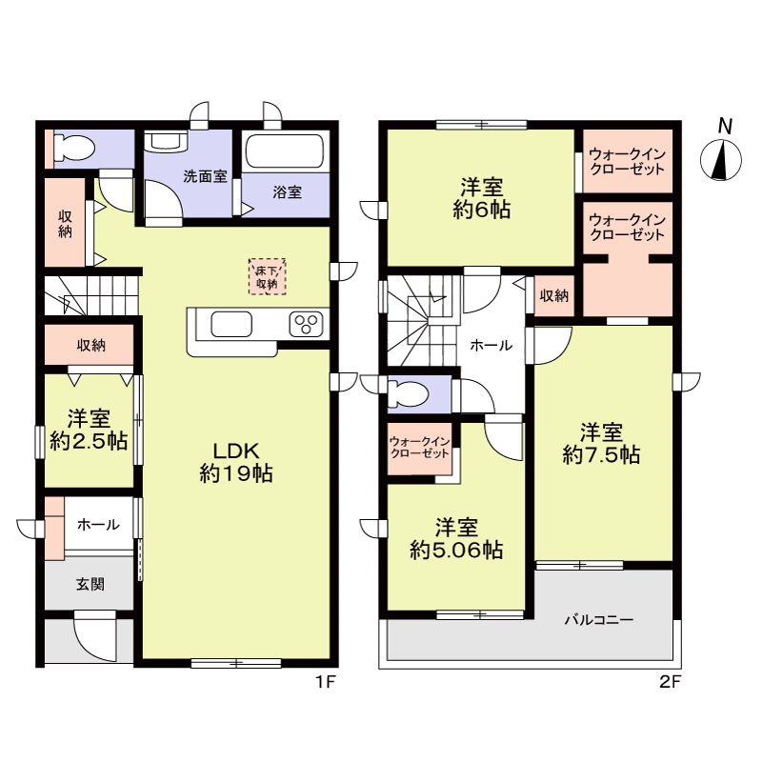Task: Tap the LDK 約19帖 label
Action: (x=236, y=462)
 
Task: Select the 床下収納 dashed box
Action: (x=267, y=276)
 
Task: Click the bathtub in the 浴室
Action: (x=285, y=150)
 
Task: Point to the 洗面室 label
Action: (x=205, y=176)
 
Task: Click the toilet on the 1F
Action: (x=74, y=147)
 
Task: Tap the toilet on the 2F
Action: (x=408, y=393)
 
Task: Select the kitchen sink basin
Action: (x=231, y=324)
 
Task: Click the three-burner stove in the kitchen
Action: (x=306, y=324)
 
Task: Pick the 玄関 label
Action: (x=90, y=584)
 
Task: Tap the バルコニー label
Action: (x=599, y=620)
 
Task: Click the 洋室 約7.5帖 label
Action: (x=601, y=443)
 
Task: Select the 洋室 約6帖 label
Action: (x=482, y=198)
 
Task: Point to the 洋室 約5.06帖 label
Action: (x=456, y=539)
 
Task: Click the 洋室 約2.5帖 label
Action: (x=89, y=430)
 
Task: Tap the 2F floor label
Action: (x=671, y=682)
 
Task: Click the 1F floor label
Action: (x=326, y=682)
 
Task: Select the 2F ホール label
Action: (x=491, y=346)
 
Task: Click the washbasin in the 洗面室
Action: (x=165, y=141)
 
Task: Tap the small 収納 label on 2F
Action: (x=554, y=295)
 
